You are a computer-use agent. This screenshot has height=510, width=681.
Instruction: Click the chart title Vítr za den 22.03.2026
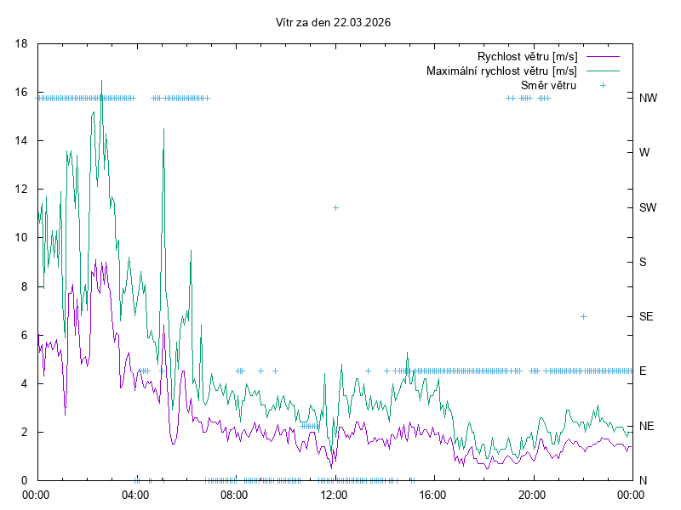click(x=334, y=23)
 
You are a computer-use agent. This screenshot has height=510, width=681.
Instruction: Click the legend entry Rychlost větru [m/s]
click(x=527, y=56)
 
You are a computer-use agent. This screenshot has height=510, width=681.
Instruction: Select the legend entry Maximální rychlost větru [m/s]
click(x=501, y=71)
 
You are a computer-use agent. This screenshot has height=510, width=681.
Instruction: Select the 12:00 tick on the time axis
click(x=333, y=494)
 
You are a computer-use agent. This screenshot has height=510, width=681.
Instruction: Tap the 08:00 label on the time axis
click(x=233, y=494)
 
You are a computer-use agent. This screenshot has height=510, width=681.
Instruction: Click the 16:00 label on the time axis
click(x=432, y=494)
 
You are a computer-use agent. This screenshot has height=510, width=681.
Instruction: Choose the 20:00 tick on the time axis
click(x=531, y=494)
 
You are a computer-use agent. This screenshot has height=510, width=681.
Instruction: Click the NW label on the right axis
click(x=648, y=98)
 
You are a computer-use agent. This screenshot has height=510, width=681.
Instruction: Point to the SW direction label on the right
click(x=648, y=207)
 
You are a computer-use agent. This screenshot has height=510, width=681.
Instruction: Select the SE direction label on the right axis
click(x=646, y=316)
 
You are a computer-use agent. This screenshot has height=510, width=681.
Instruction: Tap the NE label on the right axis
click(x=646, y=426)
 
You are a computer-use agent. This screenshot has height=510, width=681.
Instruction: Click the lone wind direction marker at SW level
click(x=336, y=207)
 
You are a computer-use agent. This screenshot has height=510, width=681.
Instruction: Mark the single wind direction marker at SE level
click(x=583, y=316)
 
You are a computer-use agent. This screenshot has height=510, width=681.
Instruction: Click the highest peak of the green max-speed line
click(x=102, y=81)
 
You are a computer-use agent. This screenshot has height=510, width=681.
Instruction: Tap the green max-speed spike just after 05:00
click(x=163, y=129)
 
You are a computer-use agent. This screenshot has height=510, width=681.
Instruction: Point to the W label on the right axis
click(x=644, y=153)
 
